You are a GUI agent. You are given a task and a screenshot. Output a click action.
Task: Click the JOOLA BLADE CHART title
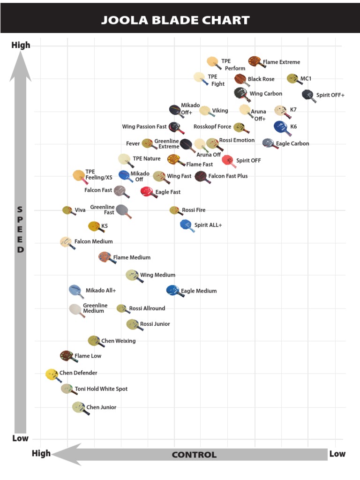coord(175,20)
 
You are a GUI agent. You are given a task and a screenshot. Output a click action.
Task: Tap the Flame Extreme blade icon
coord(255,61)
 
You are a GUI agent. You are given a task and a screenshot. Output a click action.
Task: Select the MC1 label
coord(306,79)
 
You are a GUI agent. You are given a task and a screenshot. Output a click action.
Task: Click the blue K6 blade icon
coord(280,126)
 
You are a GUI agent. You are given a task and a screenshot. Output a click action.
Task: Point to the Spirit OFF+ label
coord(330,95)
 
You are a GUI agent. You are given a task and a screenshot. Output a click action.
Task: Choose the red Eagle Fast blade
coord(147,192)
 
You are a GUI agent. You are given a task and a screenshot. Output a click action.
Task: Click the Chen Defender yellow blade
coord(52,374)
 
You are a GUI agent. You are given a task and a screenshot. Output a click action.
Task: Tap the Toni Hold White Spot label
coord(101,389)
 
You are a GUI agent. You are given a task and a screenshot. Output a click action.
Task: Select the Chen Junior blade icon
coord(79,407)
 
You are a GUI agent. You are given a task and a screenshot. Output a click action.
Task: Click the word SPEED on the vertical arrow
coord(20,230)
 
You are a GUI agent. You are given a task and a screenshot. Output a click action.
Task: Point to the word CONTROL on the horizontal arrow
coord(194,455)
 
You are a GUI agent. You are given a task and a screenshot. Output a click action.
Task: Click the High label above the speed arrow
coord(21,45)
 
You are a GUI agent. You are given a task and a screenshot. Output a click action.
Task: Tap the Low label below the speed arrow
coord(20,438)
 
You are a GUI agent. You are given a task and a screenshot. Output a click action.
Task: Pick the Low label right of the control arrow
coord(337,453)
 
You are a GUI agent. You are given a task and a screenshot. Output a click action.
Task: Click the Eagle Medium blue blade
coord(173,290)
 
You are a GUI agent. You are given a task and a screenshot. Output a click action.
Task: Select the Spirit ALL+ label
coord(208,225)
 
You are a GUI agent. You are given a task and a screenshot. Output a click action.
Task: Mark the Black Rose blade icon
coord(240,79)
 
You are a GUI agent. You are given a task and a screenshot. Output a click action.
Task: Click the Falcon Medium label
coord(93,241)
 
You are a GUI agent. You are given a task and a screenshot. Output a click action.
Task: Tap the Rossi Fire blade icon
coord(174,210)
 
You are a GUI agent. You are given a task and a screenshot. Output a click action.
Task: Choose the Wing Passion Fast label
coord(144,127)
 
